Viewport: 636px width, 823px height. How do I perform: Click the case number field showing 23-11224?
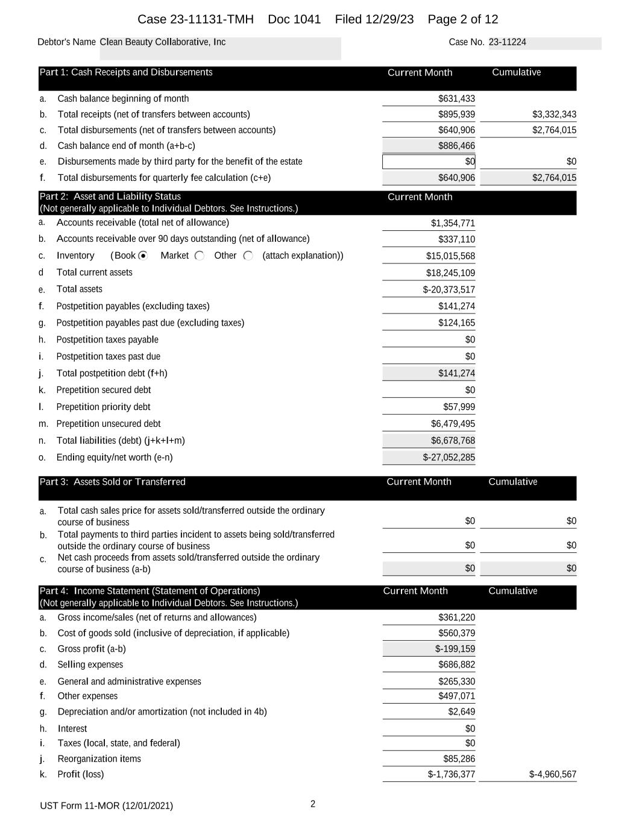507,42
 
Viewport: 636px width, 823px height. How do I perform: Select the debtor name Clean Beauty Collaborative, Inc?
163,42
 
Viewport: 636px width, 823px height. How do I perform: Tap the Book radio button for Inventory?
143,256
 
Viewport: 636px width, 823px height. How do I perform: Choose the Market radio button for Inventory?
200,256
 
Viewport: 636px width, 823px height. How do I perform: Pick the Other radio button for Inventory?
248,256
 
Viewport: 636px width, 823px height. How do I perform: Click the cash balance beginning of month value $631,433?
456,99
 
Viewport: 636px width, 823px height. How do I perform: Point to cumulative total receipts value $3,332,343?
554,115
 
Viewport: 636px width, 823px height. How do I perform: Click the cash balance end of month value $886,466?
456,146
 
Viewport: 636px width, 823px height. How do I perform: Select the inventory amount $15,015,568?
450,256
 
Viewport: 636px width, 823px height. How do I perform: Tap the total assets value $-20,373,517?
449,290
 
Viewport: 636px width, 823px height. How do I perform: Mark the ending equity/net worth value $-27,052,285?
449,458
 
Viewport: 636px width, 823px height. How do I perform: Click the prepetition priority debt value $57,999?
459,407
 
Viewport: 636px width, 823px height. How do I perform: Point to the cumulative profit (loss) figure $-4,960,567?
552,775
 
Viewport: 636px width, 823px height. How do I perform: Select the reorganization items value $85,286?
459,759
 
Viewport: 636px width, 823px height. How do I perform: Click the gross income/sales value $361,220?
456,617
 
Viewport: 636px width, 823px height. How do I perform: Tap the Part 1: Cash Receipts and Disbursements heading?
126,72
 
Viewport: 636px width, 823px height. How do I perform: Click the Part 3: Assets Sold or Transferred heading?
113,482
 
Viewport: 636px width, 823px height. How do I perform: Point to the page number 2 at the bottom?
313,804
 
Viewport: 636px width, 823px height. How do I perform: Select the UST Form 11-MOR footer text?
107,806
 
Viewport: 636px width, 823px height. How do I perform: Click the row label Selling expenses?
90,664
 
